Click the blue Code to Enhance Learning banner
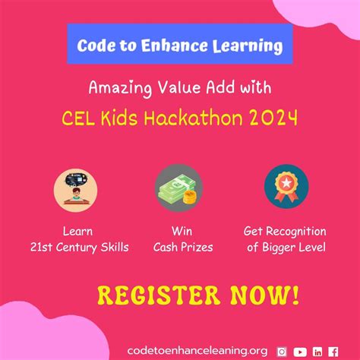click(x=179, y=46)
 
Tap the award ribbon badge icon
click(x=286, y=190)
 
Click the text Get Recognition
click(x=285, y=232)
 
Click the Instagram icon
click(x=282, y=351)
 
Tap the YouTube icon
click(x=299, y=351)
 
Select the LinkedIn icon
click(x=317, y=351)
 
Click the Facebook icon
click(x=333, y=351)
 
